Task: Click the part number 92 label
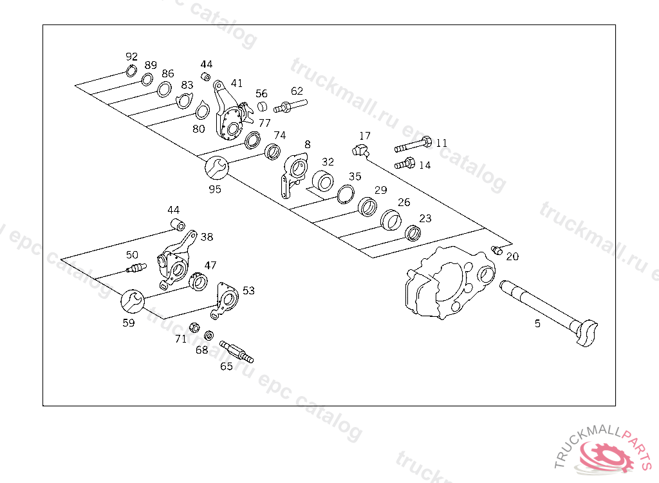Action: (x=131, y=57)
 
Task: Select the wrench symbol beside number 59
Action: (x=132, y=300)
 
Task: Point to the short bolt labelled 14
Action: (x=404, y=164)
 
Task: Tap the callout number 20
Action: (x=512, y=256)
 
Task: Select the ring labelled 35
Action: (x=346, y=194)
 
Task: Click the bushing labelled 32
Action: (x=323, y=182)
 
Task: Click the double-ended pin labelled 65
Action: (x=236, y=351)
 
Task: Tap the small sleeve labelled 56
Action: (x=262, y=106)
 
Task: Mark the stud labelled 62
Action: (x=291, y=106)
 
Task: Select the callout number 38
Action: (x=207, y=237)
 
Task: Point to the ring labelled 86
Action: (x=164, y=89)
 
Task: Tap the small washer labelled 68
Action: (x=209, y=336)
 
